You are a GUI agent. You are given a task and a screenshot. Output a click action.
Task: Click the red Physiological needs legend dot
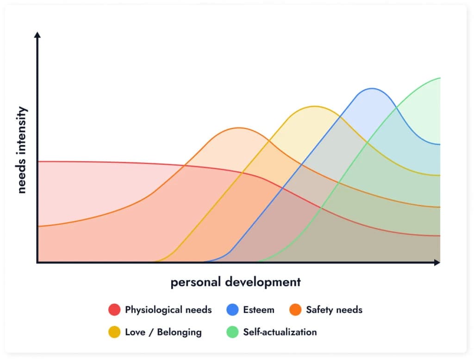coord(114,310)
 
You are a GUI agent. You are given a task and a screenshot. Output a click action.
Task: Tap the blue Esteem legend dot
coord(232,310)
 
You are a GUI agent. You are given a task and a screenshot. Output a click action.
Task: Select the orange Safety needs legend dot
coord(295,310)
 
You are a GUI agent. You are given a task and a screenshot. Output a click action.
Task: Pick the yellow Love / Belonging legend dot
coord(114,332)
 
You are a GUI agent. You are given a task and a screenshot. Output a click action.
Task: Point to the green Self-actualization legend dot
coord(232,332)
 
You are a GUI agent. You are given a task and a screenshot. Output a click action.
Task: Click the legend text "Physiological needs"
coord(168,310)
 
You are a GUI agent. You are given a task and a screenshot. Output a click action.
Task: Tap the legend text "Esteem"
coord(258,310)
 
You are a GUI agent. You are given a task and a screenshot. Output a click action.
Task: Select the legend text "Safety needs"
coord(334,310)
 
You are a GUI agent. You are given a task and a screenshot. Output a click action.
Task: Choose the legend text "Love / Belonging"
coord(163,332)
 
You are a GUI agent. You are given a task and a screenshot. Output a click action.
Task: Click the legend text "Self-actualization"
coord(280,332)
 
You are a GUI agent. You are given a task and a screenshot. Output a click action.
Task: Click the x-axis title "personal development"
coord(236,282)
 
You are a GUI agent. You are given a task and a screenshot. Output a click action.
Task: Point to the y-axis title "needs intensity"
coord(22,150)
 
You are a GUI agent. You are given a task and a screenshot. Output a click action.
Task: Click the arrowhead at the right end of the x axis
coord(437,263)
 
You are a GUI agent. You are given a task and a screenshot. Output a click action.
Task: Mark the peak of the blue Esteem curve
coord(372,88)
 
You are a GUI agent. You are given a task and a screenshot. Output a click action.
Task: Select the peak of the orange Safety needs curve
coord(238,128)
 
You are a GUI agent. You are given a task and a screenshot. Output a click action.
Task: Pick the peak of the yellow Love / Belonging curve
coord(314,106)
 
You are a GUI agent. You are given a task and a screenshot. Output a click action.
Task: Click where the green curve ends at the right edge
coord(440,78)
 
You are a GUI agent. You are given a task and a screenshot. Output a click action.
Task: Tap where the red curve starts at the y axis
coord(38,161)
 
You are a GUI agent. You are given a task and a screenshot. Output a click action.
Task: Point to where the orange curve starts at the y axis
coord(38,226)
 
